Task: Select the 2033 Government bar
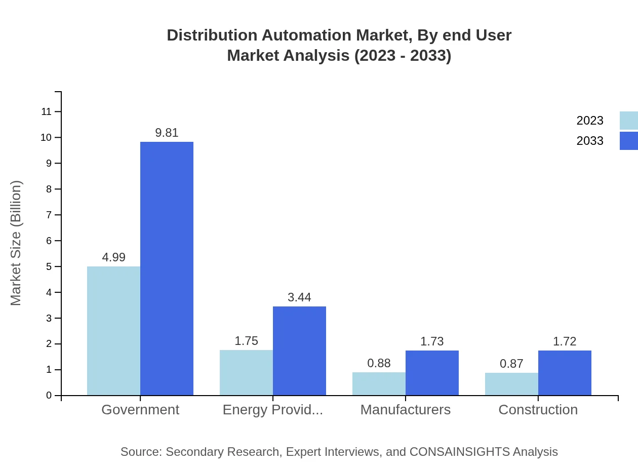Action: click(167, 268)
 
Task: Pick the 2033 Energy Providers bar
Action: click(299, 351)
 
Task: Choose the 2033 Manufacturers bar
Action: click(432, 373)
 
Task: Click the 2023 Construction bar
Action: click(511, 384)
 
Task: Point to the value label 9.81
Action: click(167, 133)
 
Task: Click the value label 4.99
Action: click(113, 257)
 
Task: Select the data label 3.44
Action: click(299, 297)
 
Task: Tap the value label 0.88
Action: click(379, 363)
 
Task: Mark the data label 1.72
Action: click(565, 341)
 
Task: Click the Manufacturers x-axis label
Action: click(405, 410)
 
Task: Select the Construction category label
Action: click(538, 410)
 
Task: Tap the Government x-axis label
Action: click(140, 410)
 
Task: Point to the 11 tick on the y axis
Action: click(47, 111)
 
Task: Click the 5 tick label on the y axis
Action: click(49, 266)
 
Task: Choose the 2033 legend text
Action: click(590, 141)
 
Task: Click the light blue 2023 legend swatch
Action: click(628, 121)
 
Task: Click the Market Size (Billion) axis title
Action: click(16, 243)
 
